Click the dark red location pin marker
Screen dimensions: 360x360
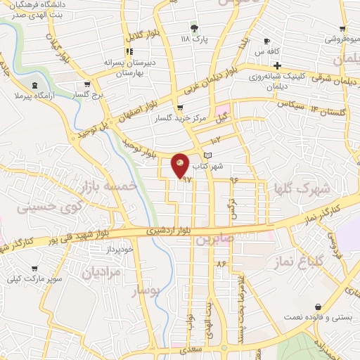[x=180, y=165]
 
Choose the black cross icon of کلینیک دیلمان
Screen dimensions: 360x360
[x=278, y=66]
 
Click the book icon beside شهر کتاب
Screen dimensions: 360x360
[x=207, y=155]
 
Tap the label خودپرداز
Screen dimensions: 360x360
[x=118, y=249]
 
